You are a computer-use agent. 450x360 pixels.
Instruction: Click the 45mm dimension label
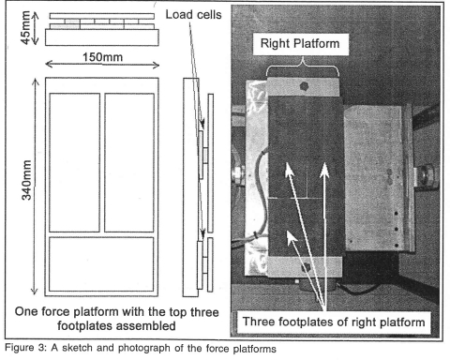coord(25,27)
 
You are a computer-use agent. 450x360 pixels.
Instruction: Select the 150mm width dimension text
coord(102,57)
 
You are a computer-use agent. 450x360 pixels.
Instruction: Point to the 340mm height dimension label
coord(26,180)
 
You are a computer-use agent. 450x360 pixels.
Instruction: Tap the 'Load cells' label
coord(193,14)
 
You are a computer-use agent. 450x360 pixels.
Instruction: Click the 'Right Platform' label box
coord(300,44)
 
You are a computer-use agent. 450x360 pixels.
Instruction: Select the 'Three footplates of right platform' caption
coord(334,322)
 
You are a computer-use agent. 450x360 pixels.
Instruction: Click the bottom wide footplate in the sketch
coord(101,264)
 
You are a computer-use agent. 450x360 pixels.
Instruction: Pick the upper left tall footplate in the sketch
coord(74,162)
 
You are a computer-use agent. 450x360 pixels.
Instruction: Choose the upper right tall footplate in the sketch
coord(129,162)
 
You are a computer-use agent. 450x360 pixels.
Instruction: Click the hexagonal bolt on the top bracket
coord(304,86)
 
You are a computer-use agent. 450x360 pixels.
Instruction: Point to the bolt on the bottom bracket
coord(306,267)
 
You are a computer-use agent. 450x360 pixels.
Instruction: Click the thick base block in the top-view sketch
coord(102,37)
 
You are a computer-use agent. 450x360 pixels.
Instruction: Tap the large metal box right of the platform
coord(380,178)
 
